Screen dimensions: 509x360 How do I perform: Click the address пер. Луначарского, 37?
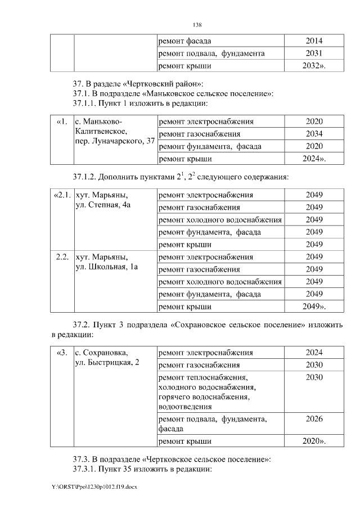pos(115,141)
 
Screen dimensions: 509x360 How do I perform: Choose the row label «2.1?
pos(61,195)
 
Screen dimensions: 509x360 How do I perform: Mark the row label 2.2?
pos(62,257)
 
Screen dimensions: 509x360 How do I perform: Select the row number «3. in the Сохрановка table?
pos(62,353)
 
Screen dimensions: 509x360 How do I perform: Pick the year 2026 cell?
pos(314,418)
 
